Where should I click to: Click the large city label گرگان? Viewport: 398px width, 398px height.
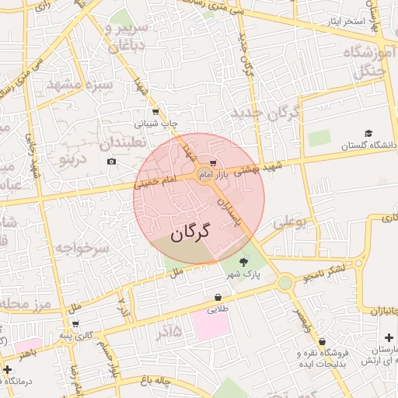(x=190, y=232)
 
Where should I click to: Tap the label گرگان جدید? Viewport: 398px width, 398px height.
(x=265, y=114)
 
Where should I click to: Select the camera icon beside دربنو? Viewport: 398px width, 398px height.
(x=112, y=161)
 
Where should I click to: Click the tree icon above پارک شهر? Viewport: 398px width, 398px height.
(x=244, y=261)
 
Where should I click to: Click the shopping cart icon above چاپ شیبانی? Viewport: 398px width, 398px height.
(x=155, y=112)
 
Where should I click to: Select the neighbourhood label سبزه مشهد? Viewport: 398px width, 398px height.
(x=79, y=84)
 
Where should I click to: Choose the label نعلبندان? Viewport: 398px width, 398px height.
(x=130, y=145)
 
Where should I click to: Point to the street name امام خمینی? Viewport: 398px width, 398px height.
(x=155, y=183)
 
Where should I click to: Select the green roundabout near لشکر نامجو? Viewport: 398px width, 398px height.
(x=285, y=281)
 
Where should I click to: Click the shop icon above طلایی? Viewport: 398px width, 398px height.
(x=218, y=297)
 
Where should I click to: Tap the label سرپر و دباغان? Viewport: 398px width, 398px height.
(x=126, y=37)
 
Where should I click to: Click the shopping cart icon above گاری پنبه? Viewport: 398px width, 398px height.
(x=75, y=324)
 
